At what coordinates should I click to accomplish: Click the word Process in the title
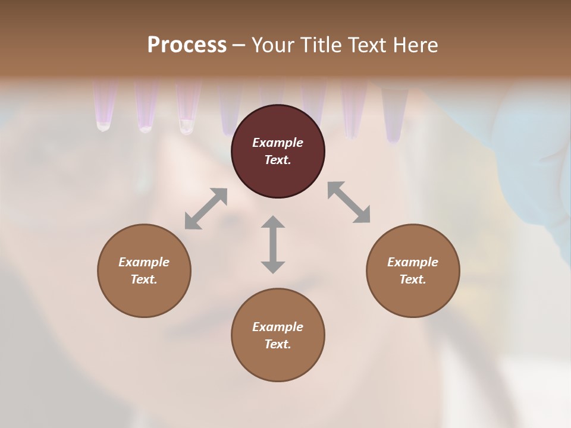pos(187,45)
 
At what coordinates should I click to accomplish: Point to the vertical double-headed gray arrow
pos(273,244)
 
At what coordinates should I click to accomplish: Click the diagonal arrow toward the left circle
pos(206,209)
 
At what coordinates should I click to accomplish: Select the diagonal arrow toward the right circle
pos(349,202)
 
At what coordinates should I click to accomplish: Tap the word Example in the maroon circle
pos(278,143)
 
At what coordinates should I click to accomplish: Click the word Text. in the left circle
pos(144,279)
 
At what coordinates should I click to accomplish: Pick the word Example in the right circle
pos(413,262)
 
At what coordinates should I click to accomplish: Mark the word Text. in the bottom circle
pos(278,344)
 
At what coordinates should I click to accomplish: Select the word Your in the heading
pos(272,45)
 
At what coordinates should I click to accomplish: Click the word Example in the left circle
pos(144,262)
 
